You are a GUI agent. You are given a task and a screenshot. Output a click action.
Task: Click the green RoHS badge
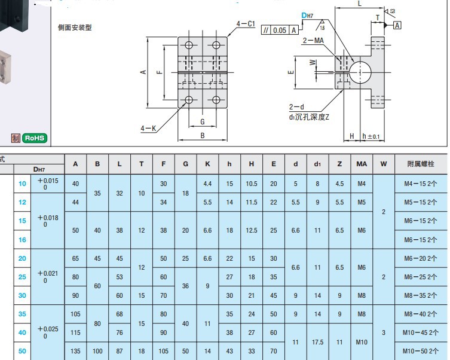[34, 138]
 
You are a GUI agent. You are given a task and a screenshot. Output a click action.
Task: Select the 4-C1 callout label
[246, 24]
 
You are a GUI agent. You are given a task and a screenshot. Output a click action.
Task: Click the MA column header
[362, 164]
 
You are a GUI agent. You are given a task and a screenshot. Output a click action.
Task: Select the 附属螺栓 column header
[421, 164]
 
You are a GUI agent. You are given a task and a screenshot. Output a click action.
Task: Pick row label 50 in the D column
[22, 351]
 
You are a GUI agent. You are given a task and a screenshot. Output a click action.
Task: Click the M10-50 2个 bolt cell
[421, 351]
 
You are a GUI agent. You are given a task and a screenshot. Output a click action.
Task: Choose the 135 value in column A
[75, 351]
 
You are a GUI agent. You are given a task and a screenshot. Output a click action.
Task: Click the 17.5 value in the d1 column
[317, 342]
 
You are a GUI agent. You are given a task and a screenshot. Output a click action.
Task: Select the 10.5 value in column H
[252, 184]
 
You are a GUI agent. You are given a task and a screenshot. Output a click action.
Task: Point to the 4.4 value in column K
[208, 184]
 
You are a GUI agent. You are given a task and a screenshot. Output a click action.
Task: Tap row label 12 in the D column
[22, 203]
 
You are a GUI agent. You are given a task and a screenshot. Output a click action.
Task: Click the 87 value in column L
[120, 351]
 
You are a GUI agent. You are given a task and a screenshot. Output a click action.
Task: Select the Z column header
[339, 164]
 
